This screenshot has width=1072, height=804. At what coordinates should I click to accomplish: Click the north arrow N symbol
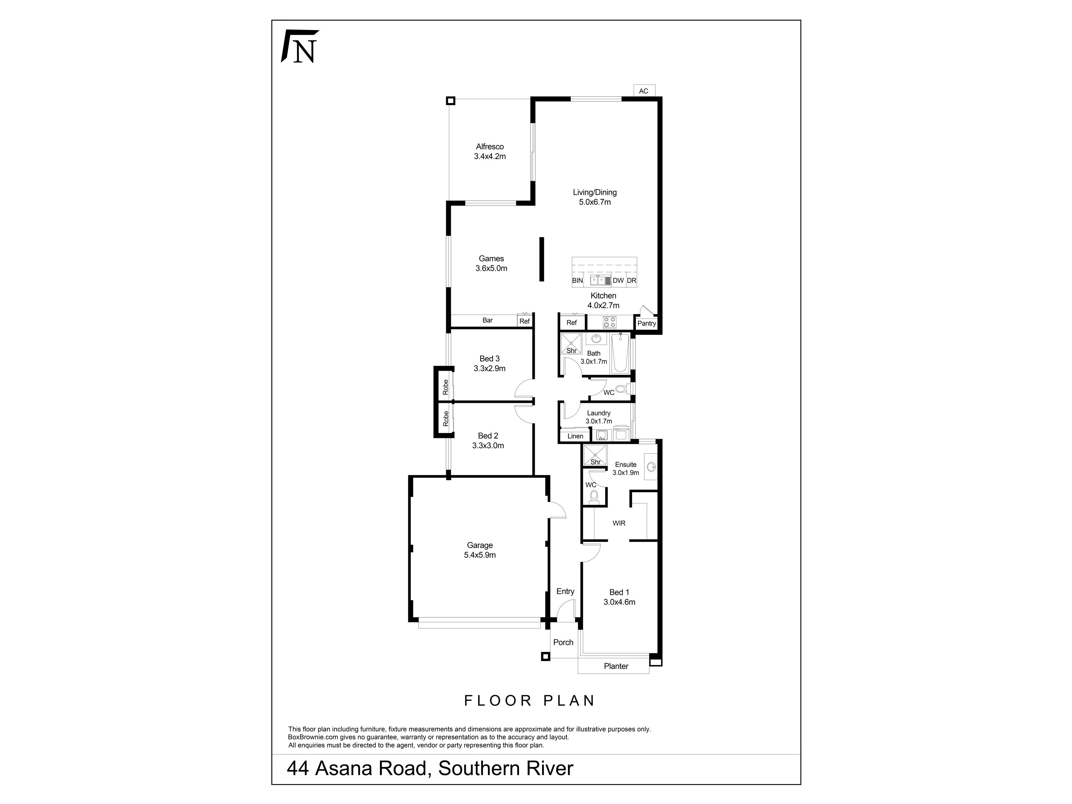click(300, 47)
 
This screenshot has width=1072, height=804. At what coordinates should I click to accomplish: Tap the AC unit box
click(643, 91)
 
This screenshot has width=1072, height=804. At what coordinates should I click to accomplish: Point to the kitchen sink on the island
click(599, 280)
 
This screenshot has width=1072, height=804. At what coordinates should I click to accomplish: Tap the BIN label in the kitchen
click(577, 281)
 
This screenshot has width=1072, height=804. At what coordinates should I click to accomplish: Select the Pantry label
click(647, 323)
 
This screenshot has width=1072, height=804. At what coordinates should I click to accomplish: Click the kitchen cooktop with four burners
click(610, 322)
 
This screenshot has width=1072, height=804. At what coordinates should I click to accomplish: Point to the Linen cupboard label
click(575, 436)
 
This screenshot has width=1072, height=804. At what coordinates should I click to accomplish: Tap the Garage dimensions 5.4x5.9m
click(480, 555)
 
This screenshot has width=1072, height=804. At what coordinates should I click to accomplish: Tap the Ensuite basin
click(651, 467)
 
